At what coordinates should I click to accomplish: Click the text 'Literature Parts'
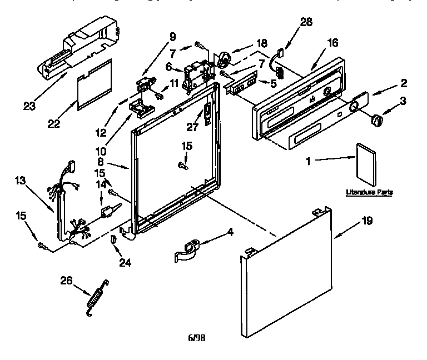click(x=369, y=192)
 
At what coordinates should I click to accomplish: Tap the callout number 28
click(x=306, y=23)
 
